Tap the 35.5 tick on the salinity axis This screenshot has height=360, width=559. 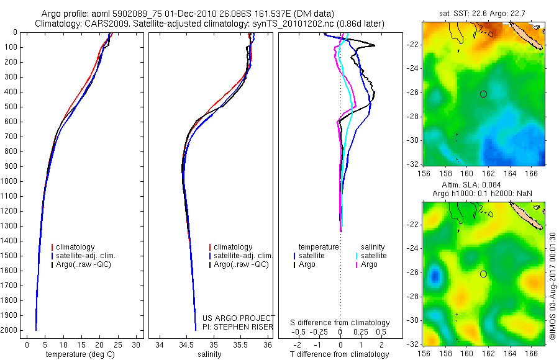click(240, 344)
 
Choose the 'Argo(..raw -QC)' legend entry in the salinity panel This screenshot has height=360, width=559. click(241, 265)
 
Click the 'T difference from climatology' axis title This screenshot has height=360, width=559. click(340, 355)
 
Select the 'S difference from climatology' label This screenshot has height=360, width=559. click(340, 323)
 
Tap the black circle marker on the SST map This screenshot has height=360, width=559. click(483, 94)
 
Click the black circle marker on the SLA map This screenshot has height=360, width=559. click(483, 274)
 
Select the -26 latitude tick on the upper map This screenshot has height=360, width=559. click(412, 92)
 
